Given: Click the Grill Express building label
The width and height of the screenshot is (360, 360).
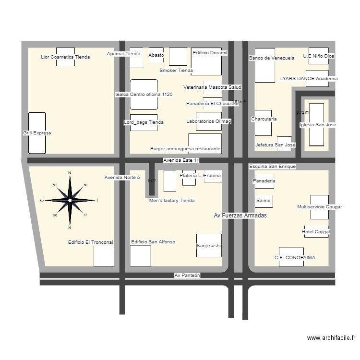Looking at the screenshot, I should pyautogui.click(x=36, y=133).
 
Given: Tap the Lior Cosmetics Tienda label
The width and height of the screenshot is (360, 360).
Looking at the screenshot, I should pyautogui.click(x=65, y=57).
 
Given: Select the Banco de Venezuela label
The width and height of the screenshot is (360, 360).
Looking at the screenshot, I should pyautogui.click(x=271, y=58).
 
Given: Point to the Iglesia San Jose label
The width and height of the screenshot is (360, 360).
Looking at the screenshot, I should pyautogui.click(x=318, y=125).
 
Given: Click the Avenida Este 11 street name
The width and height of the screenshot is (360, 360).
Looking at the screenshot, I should pyautogui.click(x=181, y=160).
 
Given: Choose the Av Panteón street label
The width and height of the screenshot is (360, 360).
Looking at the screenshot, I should pyautogui.click(x=187, y=276).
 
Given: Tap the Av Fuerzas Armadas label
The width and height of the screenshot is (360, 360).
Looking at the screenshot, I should pyautogui.click(x=240, y=216).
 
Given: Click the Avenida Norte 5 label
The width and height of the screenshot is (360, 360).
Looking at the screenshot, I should pyautogui.click(x=122, y=178).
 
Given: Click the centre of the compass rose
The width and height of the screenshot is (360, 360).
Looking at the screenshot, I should pyautogui.click(x=70, y=200).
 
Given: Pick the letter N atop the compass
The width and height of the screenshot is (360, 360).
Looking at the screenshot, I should pyautogui.click(x=70, y=173).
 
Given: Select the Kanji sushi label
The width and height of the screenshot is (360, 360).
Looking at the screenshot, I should pyautogui.click(x=209, y=246).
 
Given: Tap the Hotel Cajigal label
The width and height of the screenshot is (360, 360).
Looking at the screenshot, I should pyautogui.click(x=316, y=232).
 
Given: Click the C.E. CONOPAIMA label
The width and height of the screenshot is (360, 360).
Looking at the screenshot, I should pyautogui.click(x=295, y=258).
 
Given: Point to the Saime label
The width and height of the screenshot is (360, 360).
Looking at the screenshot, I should pyautogui.click(x=263, y=200).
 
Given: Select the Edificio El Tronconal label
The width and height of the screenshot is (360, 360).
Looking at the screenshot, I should pyautogui.click(x=90, y=242).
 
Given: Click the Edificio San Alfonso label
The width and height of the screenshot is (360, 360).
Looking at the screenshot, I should pyautogui.click(x=153, y=242).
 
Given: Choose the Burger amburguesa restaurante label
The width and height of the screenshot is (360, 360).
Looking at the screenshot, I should pyautogui.click(x=185, y=149).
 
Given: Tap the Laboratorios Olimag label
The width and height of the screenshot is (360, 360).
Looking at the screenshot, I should pyautogui.click(x=209, y=121).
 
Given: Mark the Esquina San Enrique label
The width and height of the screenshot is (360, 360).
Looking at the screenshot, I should pyautogui.click(x=272, y=167).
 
